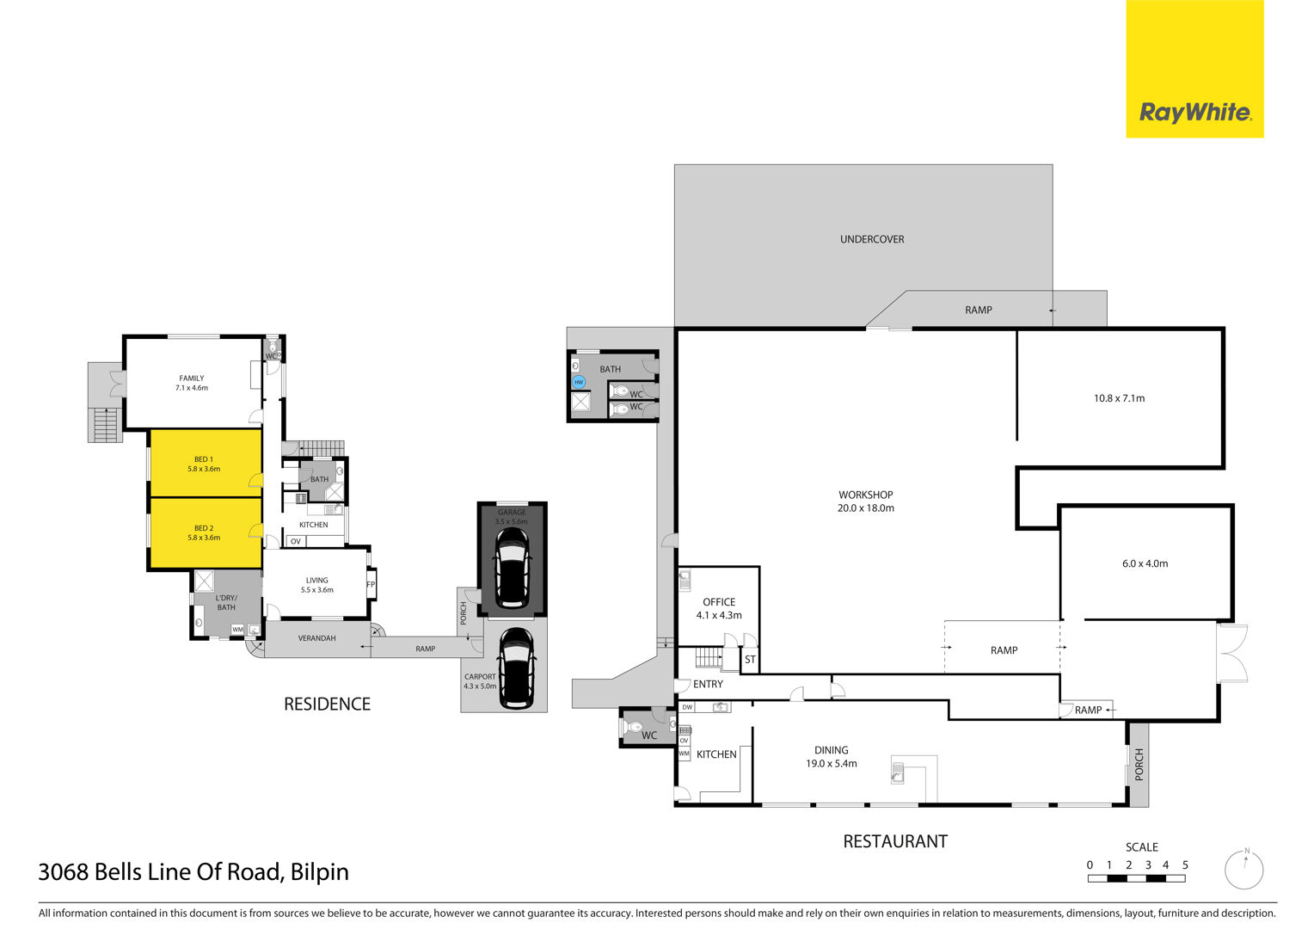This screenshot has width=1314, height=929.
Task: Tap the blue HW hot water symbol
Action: [579, 382]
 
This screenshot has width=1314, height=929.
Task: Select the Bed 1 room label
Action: [204, 464]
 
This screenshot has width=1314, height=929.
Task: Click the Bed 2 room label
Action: [204, 532]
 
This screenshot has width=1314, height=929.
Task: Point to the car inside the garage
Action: [513, 569]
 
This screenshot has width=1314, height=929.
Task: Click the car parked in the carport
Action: [516, 668]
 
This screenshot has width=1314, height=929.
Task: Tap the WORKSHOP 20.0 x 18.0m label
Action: [866, 501]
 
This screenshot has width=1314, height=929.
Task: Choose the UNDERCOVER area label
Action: [872, 239]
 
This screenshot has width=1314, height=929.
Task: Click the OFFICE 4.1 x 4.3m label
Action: [719, 608]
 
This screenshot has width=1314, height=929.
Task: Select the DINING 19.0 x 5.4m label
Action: [832, 756]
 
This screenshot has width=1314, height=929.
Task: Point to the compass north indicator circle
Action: [1243, 870]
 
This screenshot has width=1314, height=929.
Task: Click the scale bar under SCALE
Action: [1136, 878]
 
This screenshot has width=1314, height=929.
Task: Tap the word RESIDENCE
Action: [327, 704]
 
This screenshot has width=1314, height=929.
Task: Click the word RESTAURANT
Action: [895, 841]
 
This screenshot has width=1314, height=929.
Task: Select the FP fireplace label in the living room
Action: [371, 584]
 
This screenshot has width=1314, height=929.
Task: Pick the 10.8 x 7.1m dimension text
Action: [1120, 398]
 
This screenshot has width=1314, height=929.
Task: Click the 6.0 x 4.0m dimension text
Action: [1145, 563]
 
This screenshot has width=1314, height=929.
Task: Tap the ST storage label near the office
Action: [750, 659]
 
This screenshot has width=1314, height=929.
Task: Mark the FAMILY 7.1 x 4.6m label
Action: [192, 383]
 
